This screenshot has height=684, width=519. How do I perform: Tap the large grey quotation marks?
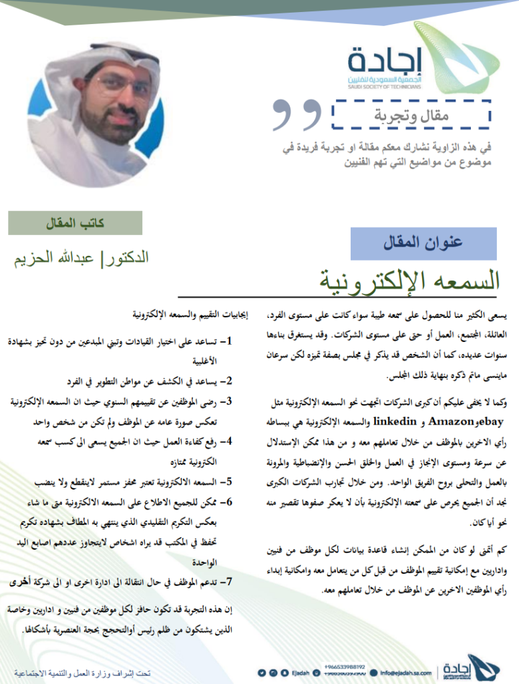pos(297,116)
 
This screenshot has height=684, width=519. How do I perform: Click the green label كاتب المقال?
pos(75,223)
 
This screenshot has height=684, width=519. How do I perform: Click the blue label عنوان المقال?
pos(423,243)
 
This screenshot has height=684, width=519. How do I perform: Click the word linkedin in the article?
pos(372,421)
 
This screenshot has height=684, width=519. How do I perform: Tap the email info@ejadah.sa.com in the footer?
pos(405,673)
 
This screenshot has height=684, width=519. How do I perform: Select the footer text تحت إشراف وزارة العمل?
pos(83,673)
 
